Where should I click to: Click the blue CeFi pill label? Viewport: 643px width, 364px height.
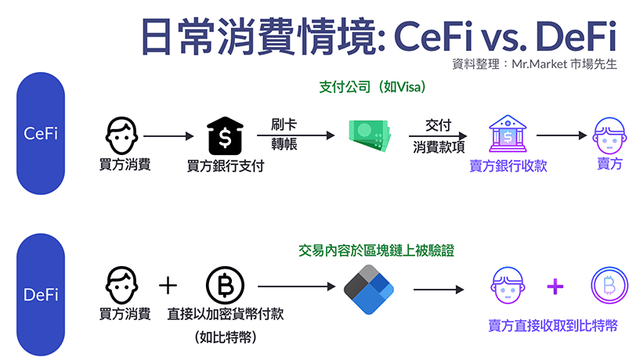click(x=41, y=134)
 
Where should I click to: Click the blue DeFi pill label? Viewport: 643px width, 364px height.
click(x=41, y=295)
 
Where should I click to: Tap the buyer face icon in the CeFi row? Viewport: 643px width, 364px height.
click(x=123, y=135)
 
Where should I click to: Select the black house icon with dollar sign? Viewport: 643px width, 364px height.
click(x=226, y=135)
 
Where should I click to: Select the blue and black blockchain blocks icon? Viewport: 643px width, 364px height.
click(x=367, y=287)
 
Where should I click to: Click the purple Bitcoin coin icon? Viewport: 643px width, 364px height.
click(x=608, y=287)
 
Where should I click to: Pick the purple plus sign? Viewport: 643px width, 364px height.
click(x=554, y=287)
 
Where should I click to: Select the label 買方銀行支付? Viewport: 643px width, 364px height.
click(x=226, y=166)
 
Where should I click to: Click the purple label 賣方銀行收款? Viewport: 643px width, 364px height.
click(x=508, y=166)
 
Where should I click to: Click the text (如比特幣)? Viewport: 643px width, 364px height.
click(x=226, y=338)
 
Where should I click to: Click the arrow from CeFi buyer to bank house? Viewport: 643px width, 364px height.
click(x=168, y=136)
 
